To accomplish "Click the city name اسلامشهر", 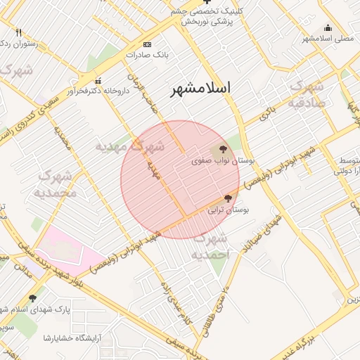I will pos(201,89).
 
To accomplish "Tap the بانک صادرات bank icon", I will pos(138,54).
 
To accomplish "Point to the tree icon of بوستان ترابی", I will pos(227,198).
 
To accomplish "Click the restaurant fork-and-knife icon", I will pos(18,32).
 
